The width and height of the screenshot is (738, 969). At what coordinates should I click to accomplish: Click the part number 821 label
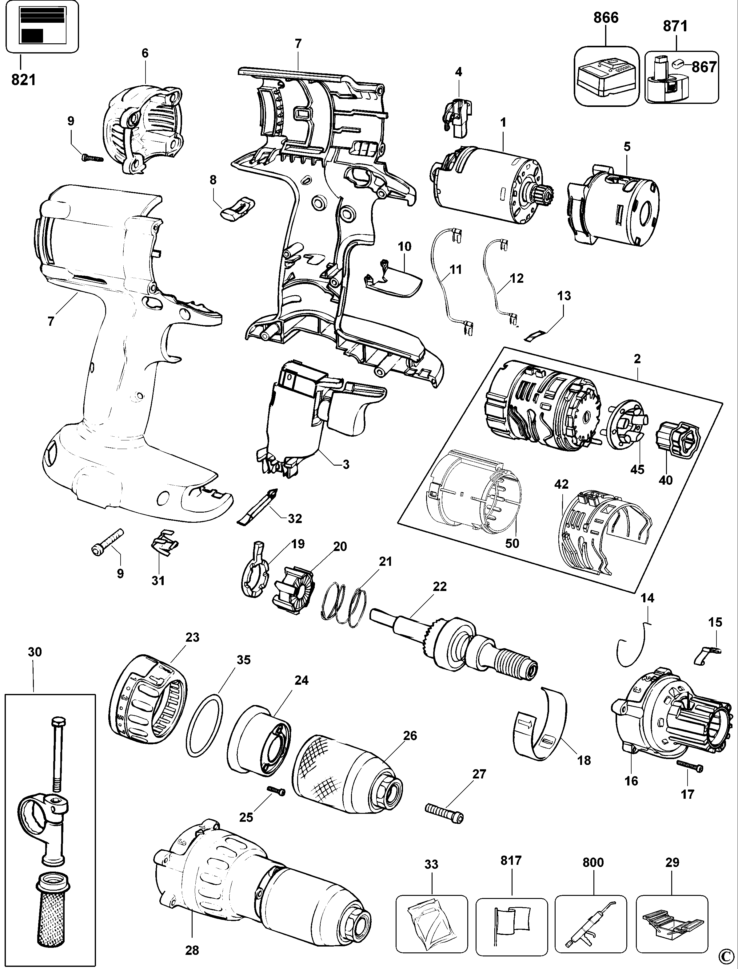[24, 80]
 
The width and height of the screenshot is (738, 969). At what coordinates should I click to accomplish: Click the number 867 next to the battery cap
[704, 67]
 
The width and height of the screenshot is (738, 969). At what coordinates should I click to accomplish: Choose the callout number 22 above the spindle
[439, 587]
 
